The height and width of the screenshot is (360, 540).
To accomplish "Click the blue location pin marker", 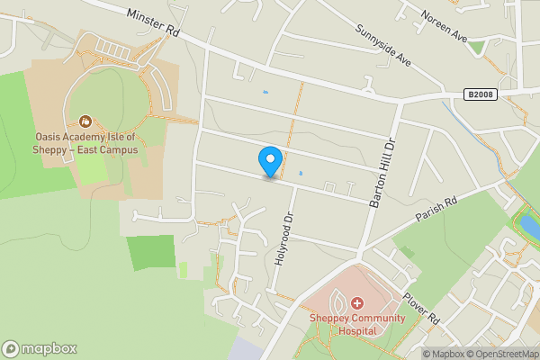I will [269, 160].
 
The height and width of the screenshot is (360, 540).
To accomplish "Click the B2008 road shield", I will [481, 94].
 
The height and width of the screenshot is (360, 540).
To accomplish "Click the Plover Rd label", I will [421, 306].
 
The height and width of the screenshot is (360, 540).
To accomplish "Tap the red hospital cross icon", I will [356, 303].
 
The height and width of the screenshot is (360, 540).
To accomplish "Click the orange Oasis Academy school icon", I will [86, 121].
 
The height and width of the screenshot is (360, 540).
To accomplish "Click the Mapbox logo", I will [40, 348].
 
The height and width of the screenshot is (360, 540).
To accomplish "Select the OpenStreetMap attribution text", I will [499, 354].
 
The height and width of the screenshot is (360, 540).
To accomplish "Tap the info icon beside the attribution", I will [414, 354].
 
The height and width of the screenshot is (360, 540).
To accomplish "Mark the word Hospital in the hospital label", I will [356, 329].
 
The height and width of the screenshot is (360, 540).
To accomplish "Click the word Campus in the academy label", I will [119, 149].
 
